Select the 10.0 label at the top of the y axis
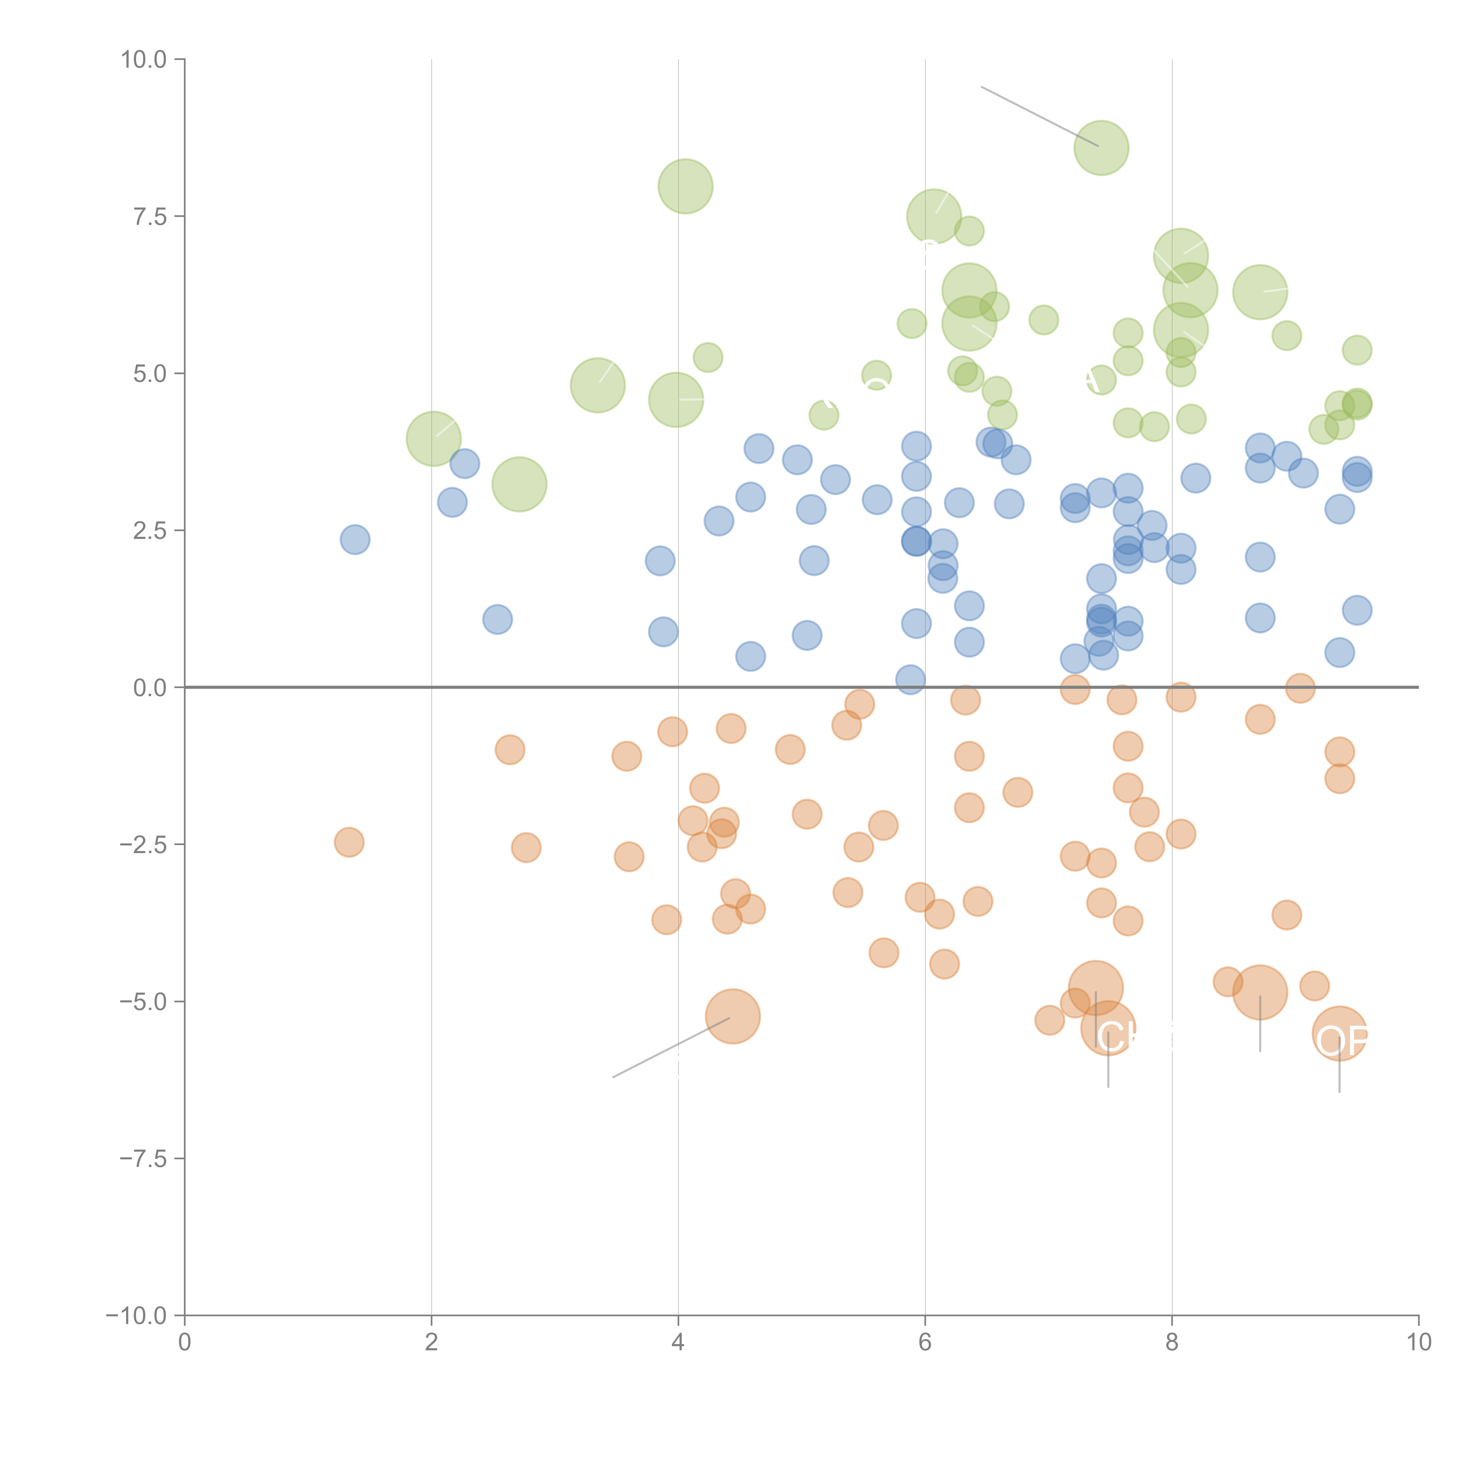pyautogui.click(x=144, y=60)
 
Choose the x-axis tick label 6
pyautogui.click(x=925, y=1343)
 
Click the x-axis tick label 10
pyautogui.click(x=1418, y=1343)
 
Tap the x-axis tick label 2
pyautogui.click(x=432, y=1343)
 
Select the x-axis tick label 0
pyautogui.click(x=184, y=1343)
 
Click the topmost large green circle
pyautogui.click(x=1101, y=148)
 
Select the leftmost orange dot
pyautogui.click(x=349, y=842)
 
